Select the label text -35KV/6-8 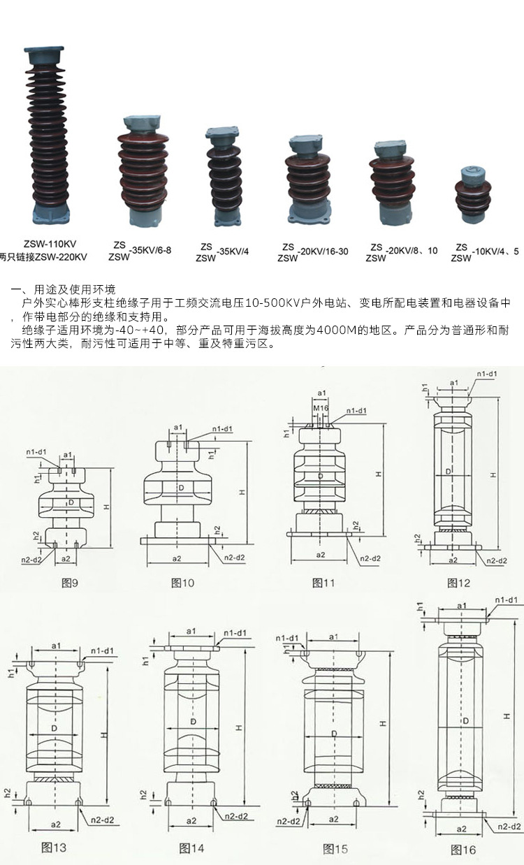click(150, 250)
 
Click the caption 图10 click(183, 582)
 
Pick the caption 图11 click(323, 582)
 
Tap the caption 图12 click(459, 582)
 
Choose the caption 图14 click(191, 848)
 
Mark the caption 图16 click(463, 850)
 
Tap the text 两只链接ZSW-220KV click(43, 256)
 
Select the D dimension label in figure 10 click(181, 487)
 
